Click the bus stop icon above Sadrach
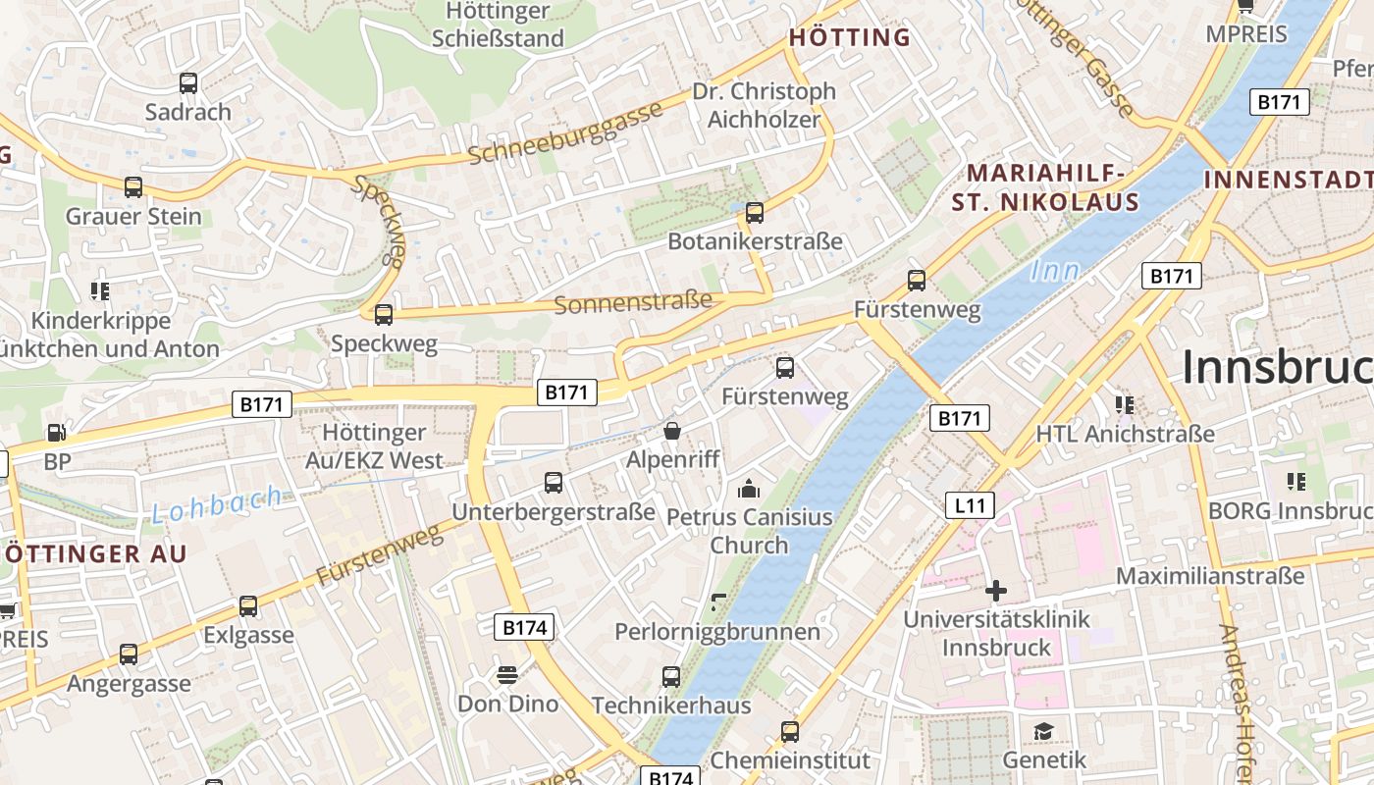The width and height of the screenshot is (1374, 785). coord(188,83)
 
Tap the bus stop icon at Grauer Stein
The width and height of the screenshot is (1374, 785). coord(133,186)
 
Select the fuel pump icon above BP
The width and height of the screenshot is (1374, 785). coord(57,432)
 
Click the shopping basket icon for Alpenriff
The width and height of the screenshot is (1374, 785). coord(672,431)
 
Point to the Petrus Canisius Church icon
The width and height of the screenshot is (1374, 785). coord(749,488)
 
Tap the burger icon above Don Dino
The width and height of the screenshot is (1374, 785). coord(507,675)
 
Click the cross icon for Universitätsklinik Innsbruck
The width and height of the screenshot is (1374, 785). coord(996,591)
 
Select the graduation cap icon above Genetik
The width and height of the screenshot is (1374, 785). coord(1043,731)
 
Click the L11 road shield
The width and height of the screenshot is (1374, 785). coord(970,505)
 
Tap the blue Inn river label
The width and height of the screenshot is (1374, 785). coord(1055,271)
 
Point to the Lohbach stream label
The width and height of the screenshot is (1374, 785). coord(217,505)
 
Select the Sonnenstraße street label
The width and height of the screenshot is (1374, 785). coord(633,302)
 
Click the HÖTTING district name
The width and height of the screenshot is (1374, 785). coord(850,38)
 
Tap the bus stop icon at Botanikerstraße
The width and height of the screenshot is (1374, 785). coord(755,212)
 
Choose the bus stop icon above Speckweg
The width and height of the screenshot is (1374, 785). coord(384,315)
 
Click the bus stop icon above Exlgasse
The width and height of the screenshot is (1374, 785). coord(248,606)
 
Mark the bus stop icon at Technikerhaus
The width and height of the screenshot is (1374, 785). coord(671,676)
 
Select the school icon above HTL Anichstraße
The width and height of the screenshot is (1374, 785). coord(1125,404)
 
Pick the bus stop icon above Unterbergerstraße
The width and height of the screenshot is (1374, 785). coord(554,483)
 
